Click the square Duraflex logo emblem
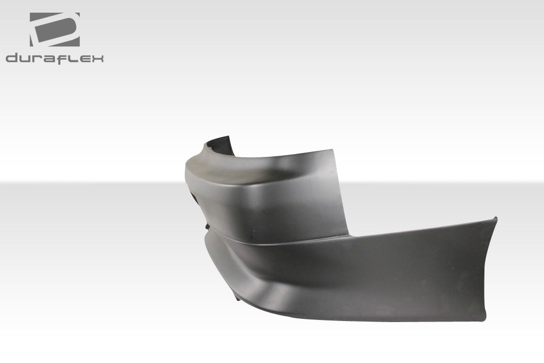(54, 29)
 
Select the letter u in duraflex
(25, 58)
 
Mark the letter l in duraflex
(71, 58)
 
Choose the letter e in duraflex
(83, 58)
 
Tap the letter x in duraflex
(96, 58)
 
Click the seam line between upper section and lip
(276, 242)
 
